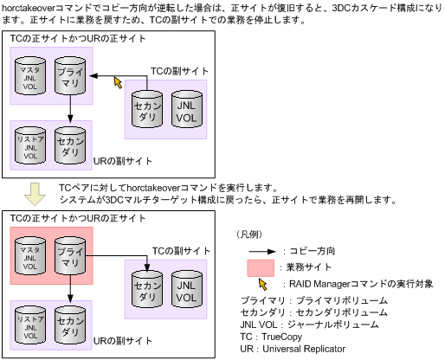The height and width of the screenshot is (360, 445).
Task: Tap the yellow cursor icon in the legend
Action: [264, 284]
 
